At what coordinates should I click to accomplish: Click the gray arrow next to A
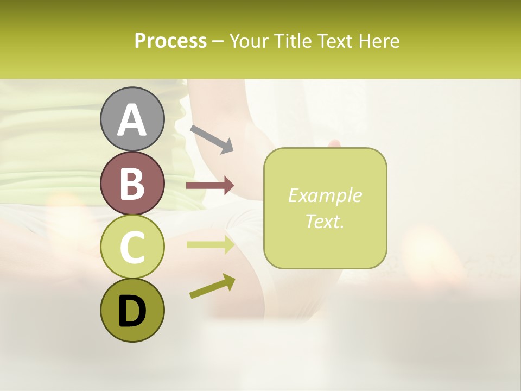pos(212,138)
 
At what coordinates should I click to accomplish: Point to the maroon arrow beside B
pos(210,186)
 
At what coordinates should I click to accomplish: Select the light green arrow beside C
pos(210,245)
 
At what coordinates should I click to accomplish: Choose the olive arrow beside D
pos(212,287)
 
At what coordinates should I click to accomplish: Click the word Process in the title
pos(170,41)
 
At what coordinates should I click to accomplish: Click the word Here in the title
pos(379,41)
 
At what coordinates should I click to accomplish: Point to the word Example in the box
pos(325,195)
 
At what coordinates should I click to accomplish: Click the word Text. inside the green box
pos(325,221)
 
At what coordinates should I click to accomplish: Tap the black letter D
pos(132,311)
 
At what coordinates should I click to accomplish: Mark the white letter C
pos(132,248)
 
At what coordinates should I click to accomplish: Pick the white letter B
pos(132,184)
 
